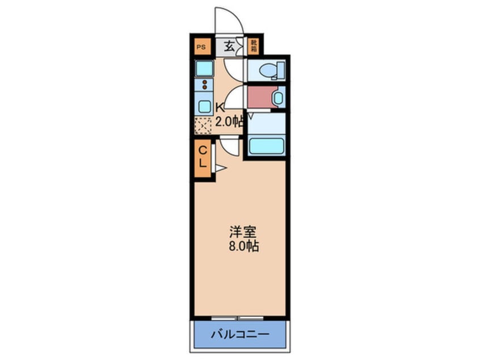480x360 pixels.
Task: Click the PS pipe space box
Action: pos(200,47)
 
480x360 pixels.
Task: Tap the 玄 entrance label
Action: pos(229,47)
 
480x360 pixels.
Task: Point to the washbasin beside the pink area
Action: pos(277,98)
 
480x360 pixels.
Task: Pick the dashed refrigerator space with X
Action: pos(203,125)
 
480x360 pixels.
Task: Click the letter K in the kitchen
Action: pos(220,106)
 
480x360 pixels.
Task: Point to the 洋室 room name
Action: pos(243,232)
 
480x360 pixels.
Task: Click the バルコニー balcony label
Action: pos(240,333)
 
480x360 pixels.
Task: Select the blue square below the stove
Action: pos(203,106)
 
